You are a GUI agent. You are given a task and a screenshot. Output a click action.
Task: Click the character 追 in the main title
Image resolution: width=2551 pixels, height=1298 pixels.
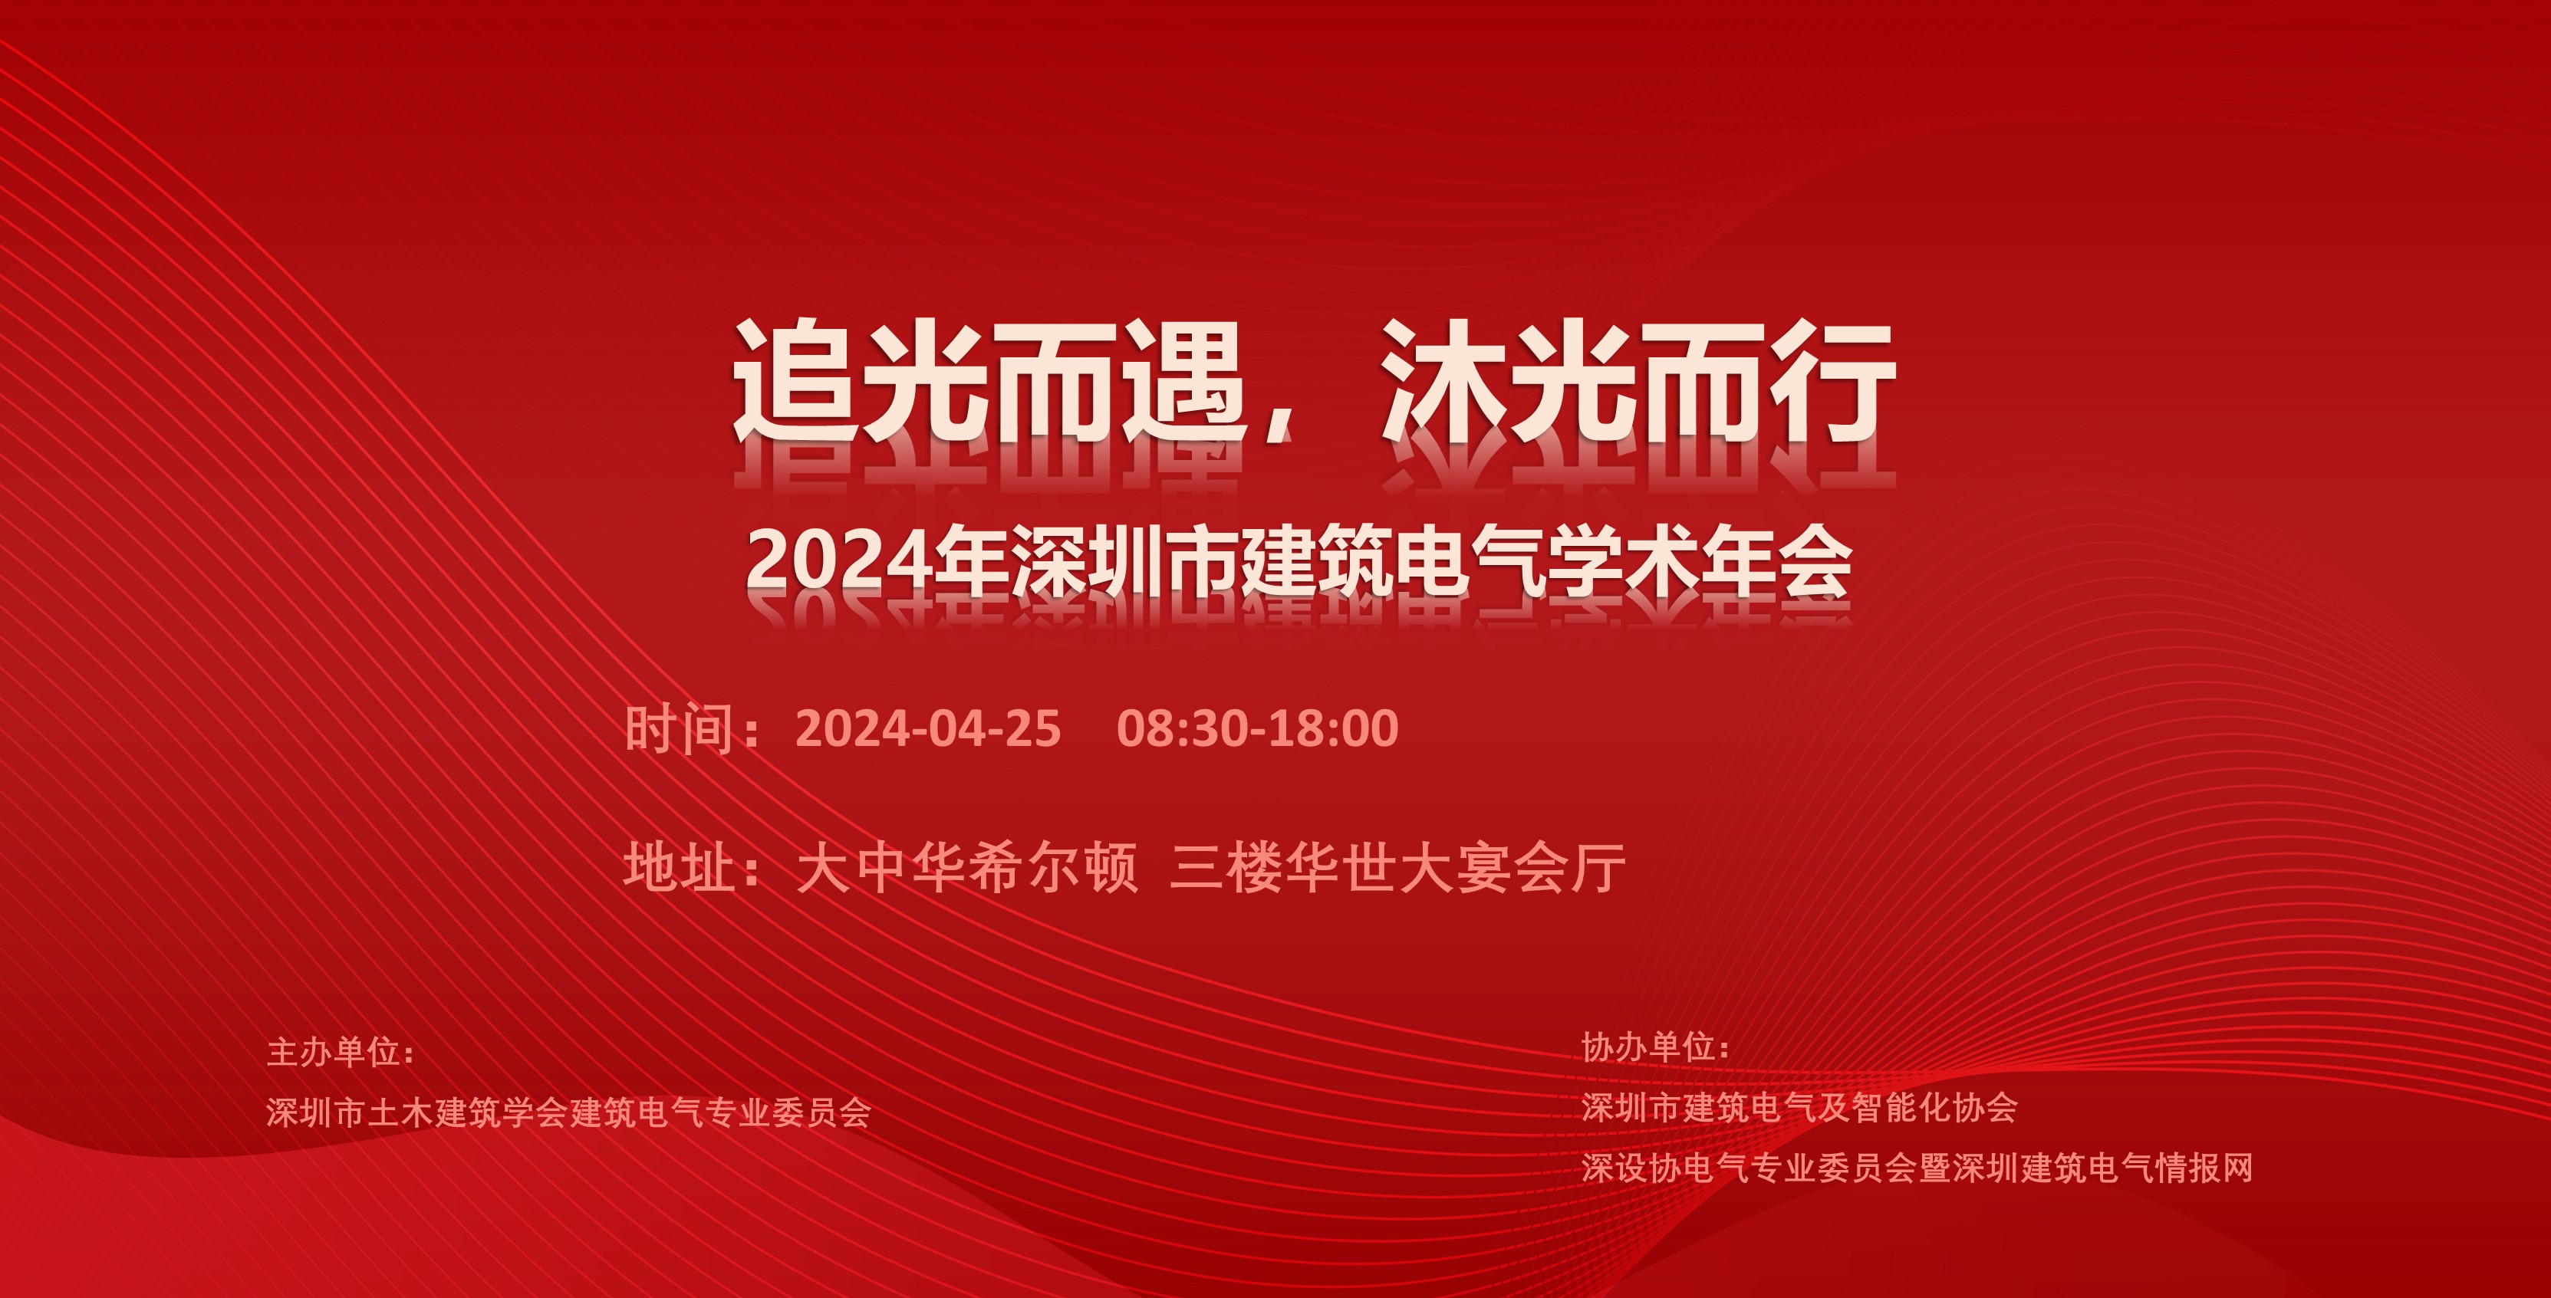796,380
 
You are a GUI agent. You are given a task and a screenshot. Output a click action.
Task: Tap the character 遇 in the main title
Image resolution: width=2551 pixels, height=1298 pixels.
1184,380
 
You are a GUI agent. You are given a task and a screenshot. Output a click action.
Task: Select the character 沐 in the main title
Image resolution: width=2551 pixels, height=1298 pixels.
1445,380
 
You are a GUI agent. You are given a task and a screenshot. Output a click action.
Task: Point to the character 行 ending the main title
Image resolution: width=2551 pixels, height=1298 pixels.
1833,380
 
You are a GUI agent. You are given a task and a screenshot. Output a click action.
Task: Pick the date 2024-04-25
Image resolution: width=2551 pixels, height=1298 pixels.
928,728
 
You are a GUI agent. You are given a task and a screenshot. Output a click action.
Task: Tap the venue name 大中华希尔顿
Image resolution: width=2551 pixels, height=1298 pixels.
967,867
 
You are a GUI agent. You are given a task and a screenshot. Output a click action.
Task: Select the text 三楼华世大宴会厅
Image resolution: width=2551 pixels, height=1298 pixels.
1397,867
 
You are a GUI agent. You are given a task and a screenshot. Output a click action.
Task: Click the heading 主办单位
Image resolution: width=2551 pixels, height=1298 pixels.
333,1051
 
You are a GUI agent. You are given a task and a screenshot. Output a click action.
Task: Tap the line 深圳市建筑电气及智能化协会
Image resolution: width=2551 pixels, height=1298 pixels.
1799,1108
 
